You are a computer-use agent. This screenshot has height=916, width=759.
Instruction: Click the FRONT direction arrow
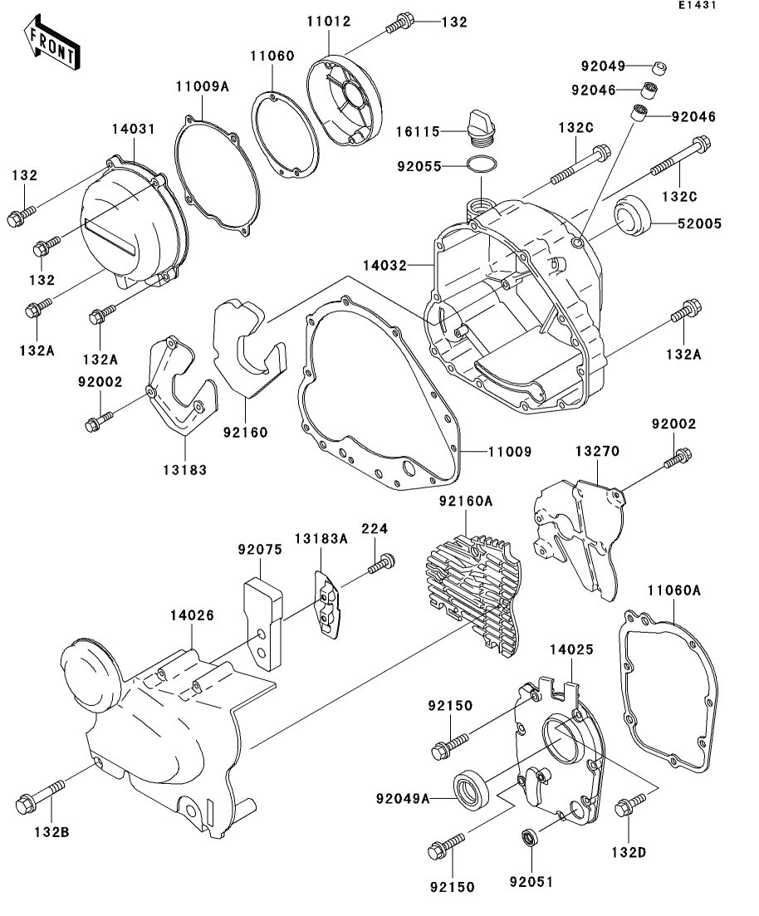pos(51,47)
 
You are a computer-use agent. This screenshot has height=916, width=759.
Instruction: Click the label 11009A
pos(201,86)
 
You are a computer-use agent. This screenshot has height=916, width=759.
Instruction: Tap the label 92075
pos(260,549)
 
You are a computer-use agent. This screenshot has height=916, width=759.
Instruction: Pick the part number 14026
pos(192,615)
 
